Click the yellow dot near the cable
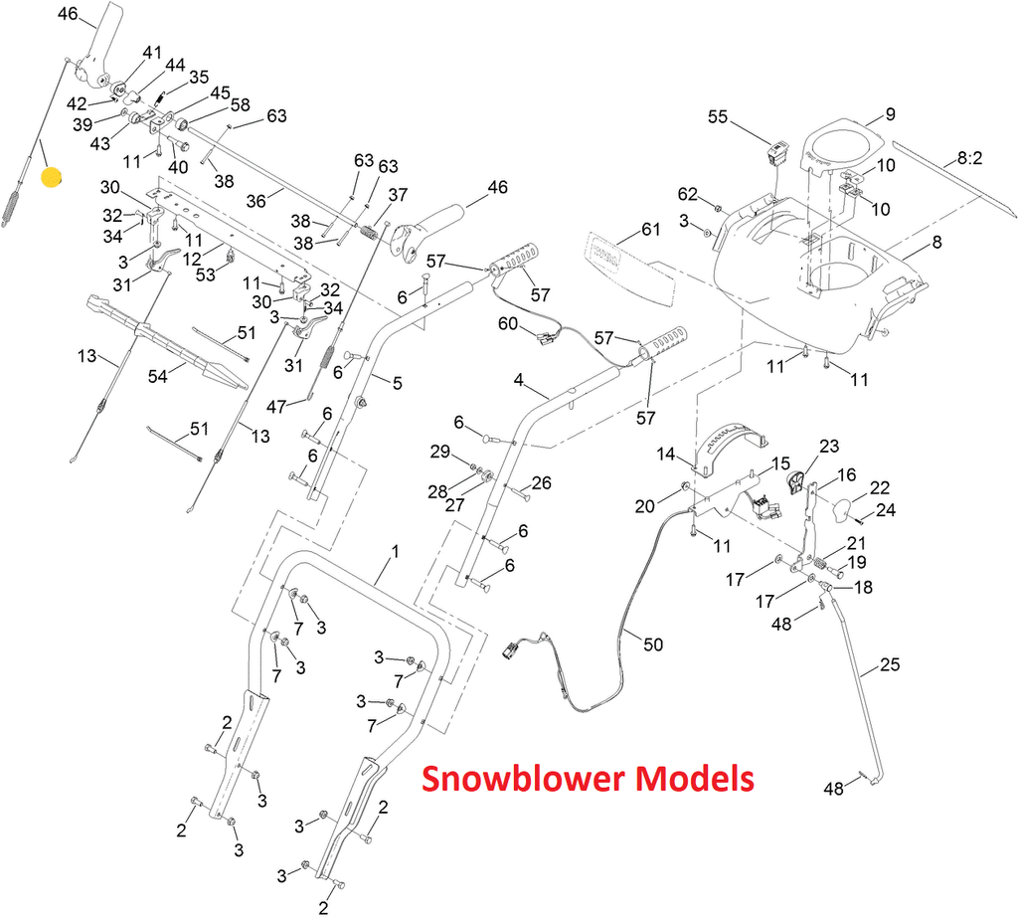click(x=51, y=178)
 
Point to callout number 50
click(x=652, y=645)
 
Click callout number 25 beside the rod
click(x=890, y=665)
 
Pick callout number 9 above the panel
click(x=890, y=113)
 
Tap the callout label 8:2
click(x=969, y=158)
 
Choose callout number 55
click(x=718, y=117)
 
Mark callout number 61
click(x=650, y=231)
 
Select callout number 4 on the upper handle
click(x=518, y=380)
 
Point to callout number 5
click(x=397, y=383)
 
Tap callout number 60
click(x=508, y=323)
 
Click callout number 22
click(x=880, y=488)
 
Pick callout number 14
click(x=666, y=454)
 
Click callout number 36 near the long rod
click(x=256, y=200)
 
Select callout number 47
click(x=275, y=406)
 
